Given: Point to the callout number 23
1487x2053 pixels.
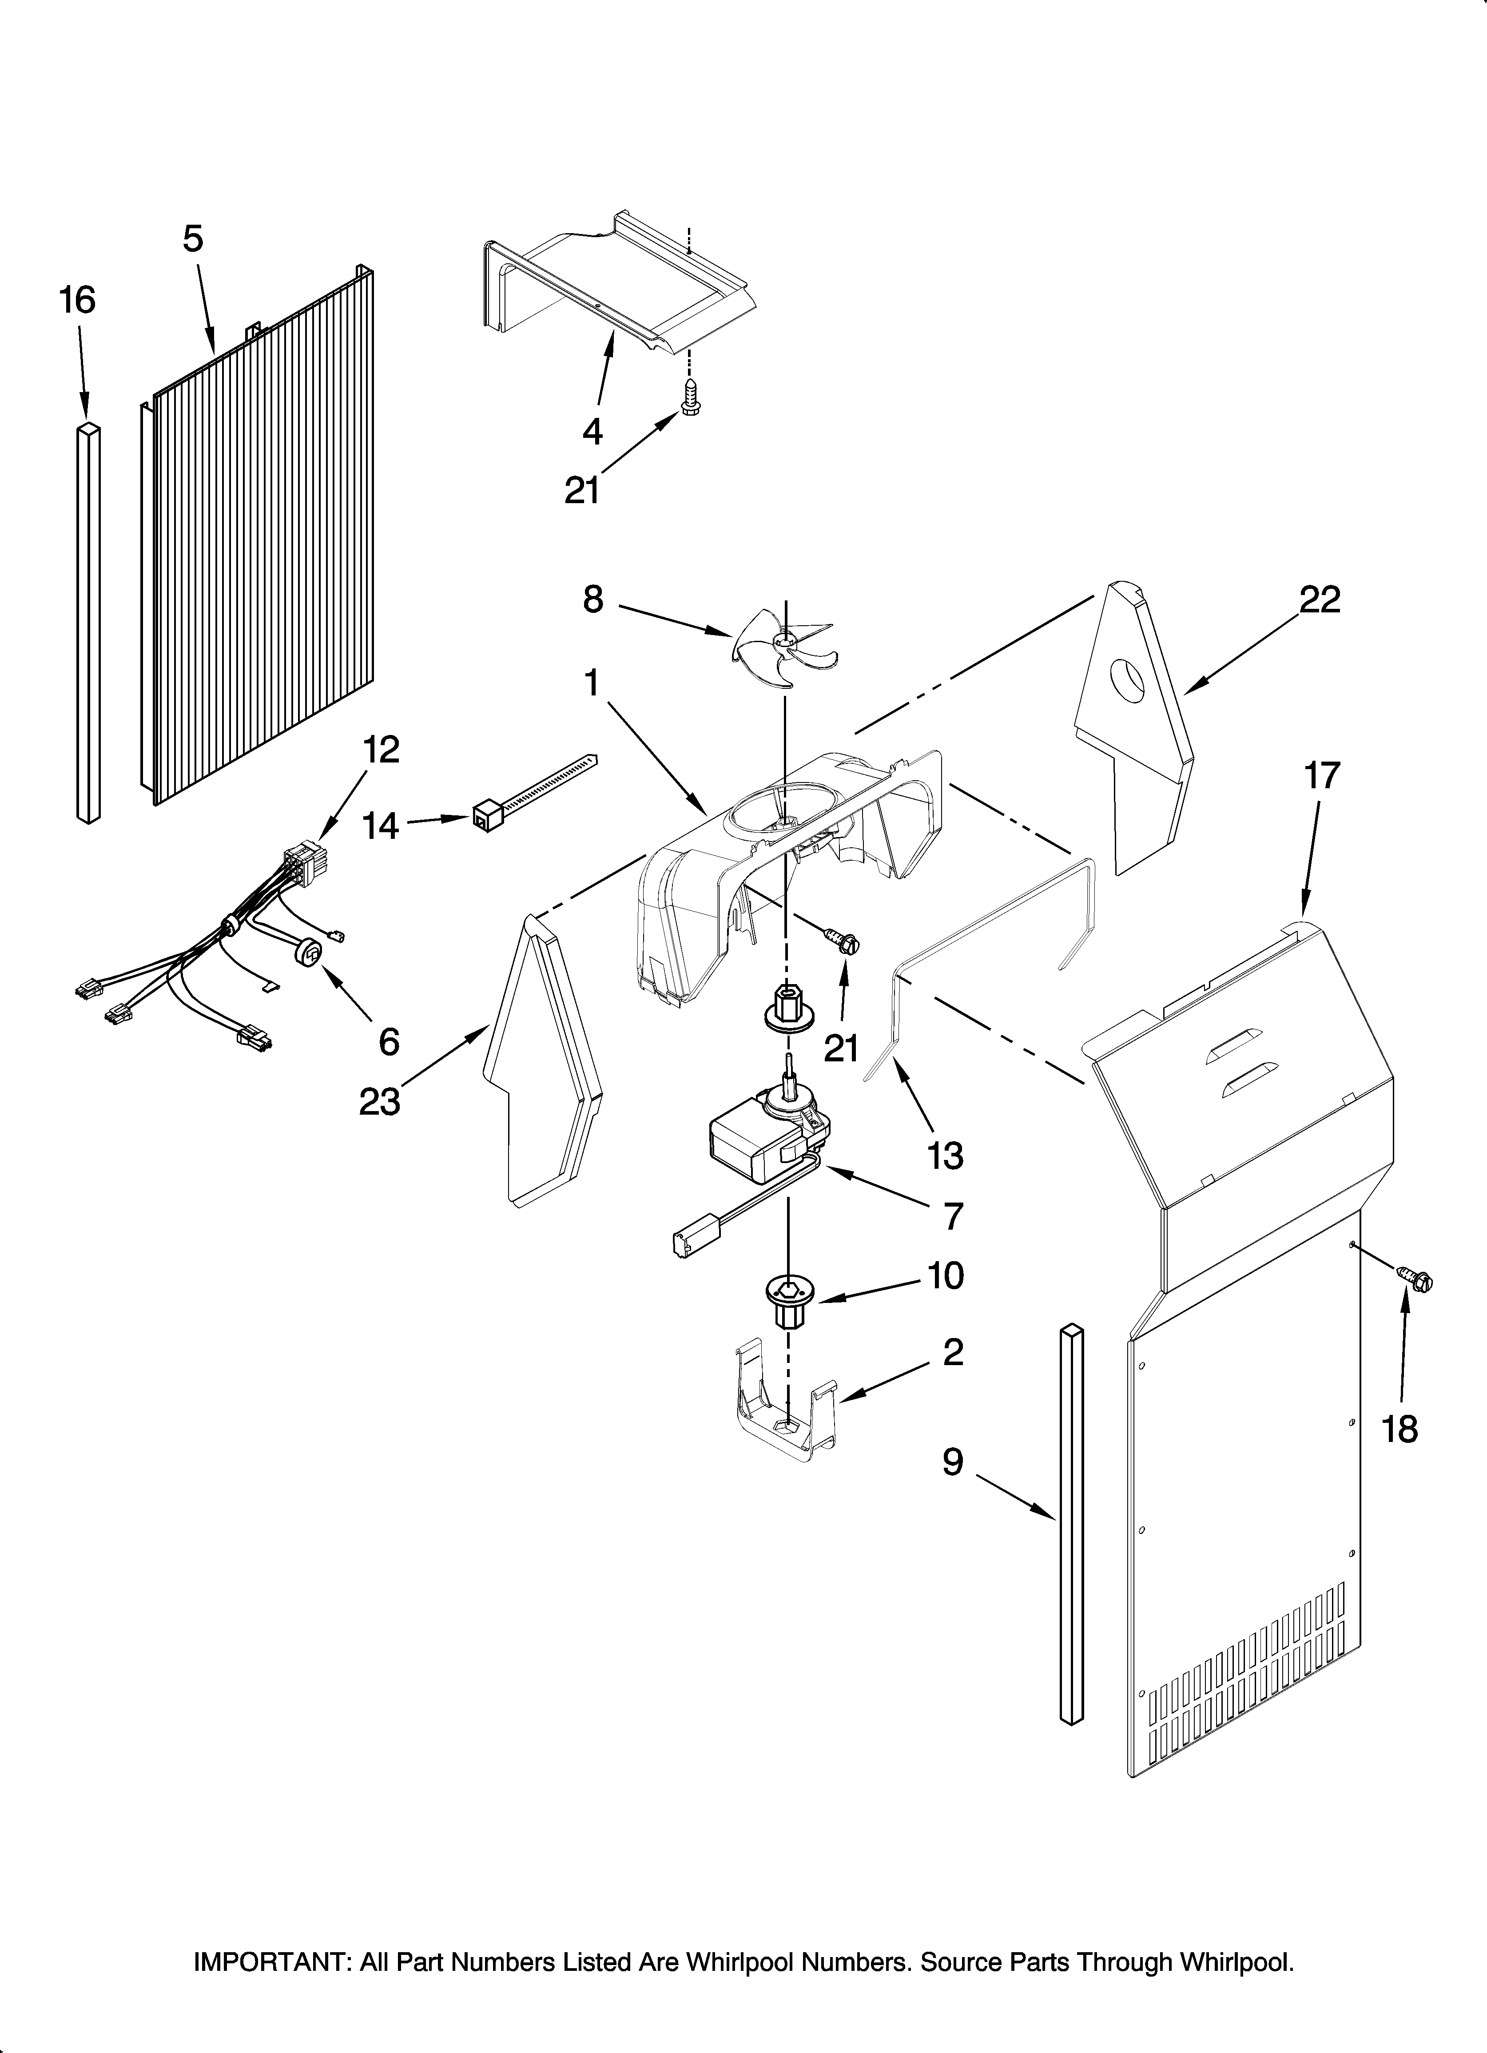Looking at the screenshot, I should click(x=379, y=1102).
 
